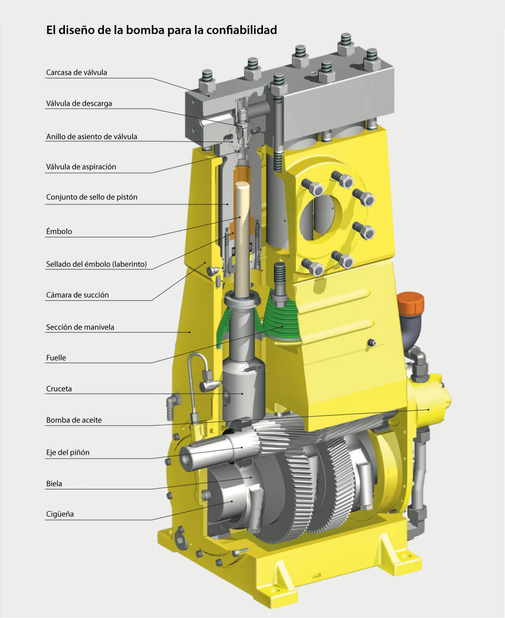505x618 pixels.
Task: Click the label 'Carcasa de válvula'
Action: (x=77, y=72)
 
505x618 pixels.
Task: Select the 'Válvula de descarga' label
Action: (x=79, y=103)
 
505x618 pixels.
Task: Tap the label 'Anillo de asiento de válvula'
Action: (x=91, y=136)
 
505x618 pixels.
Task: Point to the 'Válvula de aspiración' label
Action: (x=81, y=167)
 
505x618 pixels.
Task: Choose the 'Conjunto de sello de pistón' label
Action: (x=92, y=197)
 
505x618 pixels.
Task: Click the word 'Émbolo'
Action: (x=59, y=231)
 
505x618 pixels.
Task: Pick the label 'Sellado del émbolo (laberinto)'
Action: (x=96, y=264)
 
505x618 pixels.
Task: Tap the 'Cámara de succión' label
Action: (x=78, y=295)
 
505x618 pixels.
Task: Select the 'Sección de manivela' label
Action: (x=80, y=327)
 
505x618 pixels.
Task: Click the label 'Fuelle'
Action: (x=56, y=358)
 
